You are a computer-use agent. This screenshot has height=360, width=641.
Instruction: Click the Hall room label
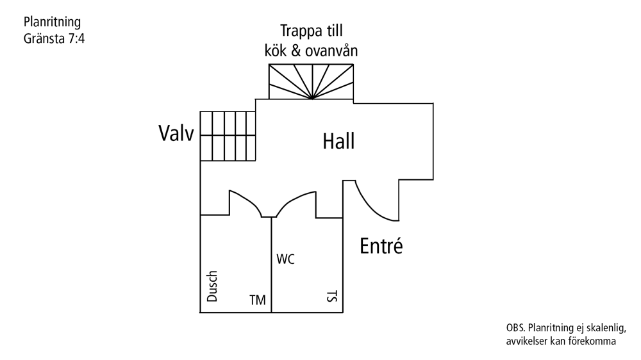tap(338, 142)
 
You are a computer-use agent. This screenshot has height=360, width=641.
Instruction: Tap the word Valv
tap(176, 133)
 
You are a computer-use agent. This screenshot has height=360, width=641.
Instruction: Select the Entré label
tap(381, 245)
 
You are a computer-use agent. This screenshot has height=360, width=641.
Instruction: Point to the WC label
tap(285, 259)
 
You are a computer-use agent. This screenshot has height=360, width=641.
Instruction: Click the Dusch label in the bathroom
tap(212, 286)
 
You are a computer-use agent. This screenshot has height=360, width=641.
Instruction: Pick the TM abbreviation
tap(258, 300)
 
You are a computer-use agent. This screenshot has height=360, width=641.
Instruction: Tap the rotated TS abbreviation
tap(332, 296)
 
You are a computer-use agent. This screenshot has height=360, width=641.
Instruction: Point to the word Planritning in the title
tap(52, 22)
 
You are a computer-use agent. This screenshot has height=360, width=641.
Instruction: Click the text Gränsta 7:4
tap(54, 38)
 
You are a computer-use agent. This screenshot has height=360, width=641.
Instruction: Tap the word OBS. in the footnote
tap(515, 328)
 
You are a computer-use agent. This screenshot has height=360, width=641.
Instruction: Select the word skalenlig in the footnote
tap(606, 328)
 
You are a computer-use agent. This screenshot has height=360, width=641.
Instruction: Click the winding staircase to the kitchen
tap(311, 81)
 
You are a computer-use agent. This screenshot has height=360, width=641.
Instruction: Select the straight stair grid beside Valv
tap(228, 136)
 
